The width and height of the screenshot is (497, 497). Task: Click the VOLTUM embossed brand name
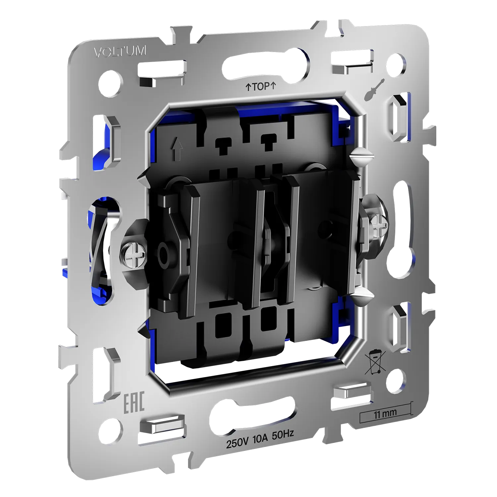point(120,52)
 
